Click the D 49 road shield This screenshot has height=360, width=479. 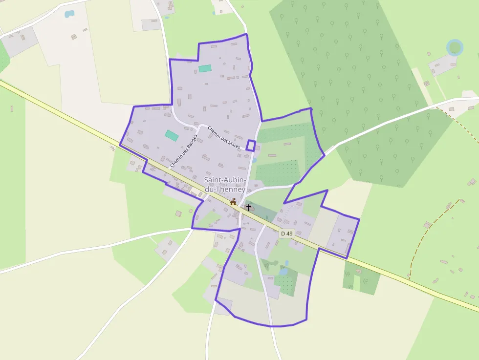click(x=287, y=233)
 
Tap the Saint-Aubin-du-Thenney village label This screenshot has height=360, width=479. click(x=225, y=184)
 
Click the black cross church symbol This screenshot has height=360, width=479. click(x=249, y=208)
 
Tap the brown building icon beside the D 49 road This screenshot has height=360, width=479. click(x=234, y=202)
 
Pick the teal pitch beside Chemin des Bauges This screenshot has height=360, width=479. click(x=172, y=135)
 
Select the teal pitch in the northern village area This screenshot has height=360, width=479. click(x=205, y=68)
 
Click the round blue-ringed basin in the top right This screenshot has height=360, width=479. click(x=455, y=47)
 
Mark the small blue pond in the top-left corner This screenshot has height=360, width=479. click(x=69, y=14)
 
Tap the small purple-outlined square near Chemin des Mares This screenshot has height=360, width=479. click(x=251, y=145)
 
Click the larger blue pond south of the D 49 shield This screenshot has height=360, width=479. click(x=283, y=271)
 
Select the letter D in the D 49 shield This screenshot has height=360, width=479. click(x=283, y=233)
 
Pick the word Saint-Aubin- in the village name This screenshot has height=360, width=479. click(x=225, y=180)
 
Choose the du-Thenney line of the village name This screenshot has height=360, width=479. click(x=225, y=189)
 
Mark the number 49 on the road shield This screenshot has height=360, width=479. click(x=289, y=233)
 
